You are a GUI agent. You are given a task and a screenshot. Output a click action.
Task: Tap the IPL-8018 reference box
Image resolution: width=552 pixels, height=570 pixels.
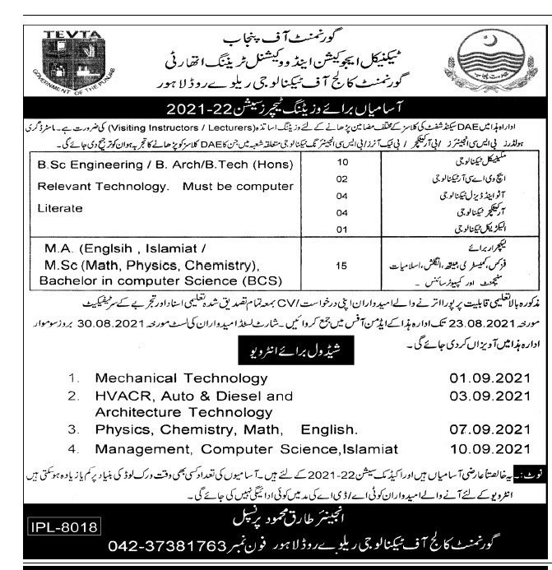click(63, 526)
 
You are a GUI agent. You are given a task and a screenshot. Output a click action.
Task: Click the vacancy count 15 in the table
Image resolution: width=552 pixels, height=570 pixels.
click(344, 265)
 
